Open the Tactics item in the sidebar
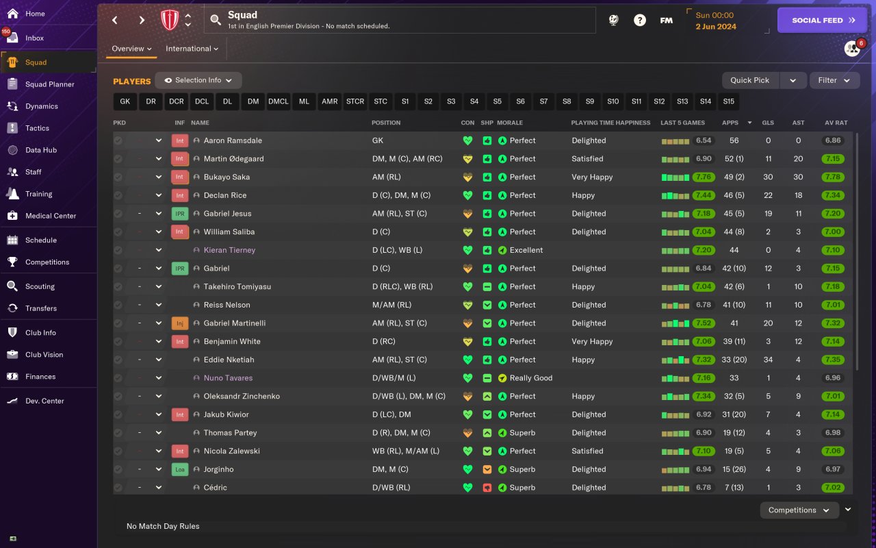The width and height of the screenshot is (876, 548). (x=37, y=128)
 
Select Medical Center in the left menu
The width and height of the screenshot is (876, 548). (x=50, y=216)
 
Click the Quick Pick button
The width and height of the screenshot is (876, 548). (x=750, y=80)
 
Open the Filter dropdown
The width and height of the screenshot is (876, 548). (x=834, y=80)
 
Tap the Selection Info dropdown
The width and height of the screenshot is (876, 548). (x=198, y=80)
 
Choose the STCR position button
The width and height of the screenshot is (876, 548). (x=355, y=101)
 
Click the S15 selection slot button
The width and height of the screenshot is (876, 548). (x=728, y=101)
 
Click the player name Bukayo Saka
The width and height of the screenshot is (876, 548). (x=227, y=177)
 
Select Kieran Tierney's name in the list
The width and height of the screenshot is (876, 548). (x=229, y=250)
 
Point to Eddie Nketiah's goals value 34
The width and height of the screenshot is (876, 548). (x=768, y=360)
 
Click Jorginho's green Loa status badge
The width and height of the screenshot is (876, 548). (x=179, y=469)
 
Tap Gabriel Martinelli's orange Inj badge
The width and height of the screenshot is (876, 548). (x=179, y=323)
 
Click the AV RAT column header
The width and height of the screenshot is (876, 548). (x=836, y=123)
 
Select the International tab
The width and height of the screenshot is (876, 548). (x=192, y=49)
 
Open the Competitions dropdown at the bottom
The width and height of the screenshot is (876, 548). (x=799, y=510)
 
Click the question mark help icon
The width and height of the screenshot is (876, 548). (x=639, y=21)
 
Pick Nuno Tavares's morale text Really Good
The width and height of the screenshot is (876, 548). (x=530, y=378)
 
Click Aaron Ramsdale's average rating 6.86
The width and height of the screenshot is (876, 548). (x=833, y=140)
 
